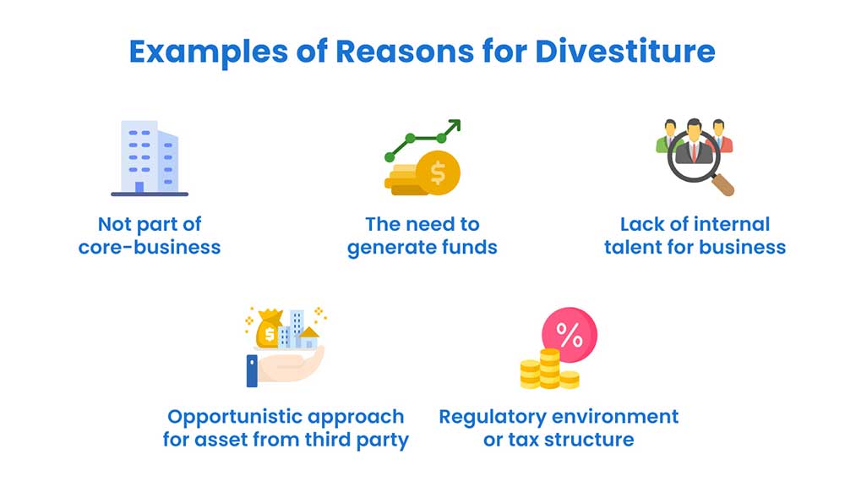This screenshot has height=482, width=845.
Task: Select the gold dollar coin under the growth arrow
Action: [x=437, y=174]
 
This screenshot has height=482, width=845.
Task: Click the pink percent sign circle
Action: [x=569, y=337]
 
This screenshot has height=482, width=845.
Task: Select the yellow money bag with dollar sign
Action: [x=269, y=331]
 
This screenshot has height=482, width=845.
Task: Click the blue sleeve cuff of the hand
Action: [x=251, y=370]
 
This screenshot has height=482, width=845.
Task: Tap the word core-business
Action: [x=150, y=249]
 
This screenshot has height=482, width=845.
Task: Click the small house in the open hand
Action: [x=309, y=339]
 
